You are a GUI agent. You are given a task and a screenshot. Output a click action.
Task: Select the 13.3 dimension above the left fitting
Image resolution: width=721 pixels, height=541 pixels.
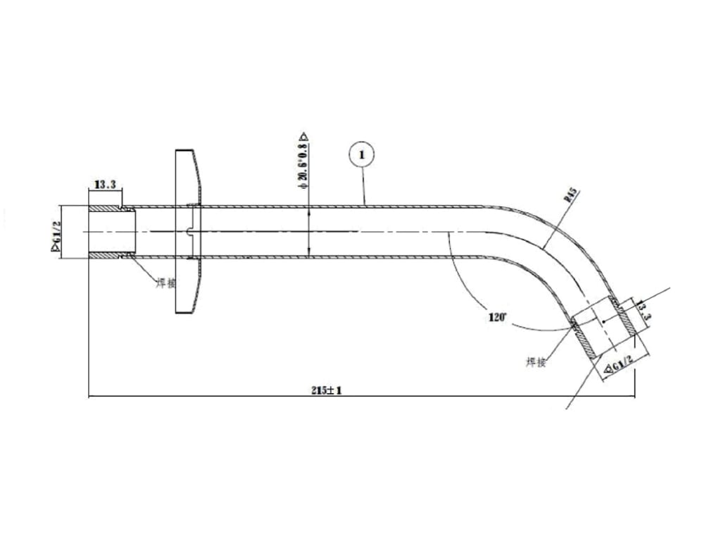click(105, 185)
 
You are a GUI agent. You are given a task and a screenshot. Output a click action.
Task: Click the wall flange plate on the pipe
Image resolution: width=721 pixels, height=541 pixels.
click(187, 232)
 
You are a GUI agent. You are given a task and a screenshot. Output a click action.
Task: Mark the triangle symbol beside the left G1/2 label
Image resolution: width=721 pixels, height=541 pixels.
click(55, 247)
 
